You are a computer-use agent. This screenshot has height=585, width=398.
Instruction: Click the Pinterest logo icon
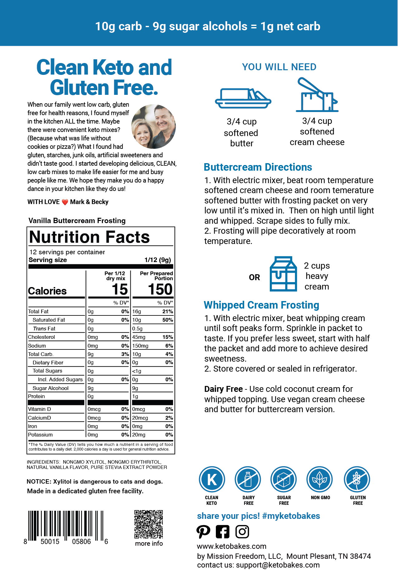(203, 532)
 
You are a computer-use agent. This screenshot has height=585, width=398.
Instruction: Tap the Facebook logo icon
(222, 532)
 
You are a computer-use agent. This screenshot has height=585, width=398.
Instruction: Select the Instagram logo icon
(242, 532)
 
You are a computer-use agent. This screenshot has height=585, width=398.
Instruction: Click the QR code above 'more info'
(148, 524)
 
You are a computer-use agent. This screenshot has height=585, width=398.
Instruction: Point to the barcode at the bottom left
(66, 526)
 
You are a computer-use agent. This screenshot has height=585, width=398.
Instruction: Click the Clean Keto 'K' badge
(212, 479)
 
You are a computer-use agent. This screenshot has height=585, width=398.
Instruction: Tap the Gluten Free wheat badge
(357, 479)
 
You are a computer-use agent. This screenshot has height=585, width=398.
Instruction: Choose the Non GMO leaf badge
(320, 479)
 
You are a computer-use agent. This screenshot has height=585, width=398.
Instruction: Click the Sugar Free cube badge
(284, 479)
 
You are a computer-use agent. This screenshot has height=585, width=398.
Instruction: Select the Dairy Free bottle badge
(248, 479)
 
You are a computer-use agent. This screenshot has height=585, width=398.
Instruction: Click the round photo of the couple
(153, 126)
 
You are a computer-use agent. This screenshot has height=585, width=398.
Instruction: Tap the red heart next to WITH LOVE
(65, 202)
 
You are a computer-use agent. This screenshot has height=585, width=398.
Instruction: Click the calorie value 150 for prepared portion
(160, 290)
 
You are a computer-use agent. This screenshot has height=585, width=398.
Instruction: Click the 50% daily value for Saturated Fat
(167, 320)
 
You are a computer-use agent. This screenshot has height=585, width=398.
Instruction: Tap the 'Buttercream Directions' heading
(258, 167)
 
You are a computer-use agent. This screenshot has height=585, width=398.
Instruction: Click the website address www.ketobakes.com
(231, 546)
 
